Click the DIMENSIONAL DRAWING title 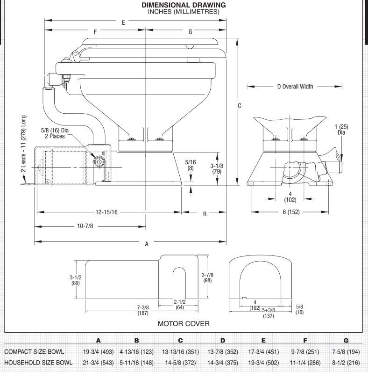click(184, 5)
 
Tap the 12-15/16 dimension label click(106, 212)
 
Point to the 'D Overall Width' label click(294, 86)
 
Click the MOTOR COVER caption click(184, 323)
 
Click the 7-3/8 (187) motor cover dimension click(143, 309)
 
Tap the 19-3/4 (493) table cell click(98, 352)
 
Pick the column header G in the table click(346, 341)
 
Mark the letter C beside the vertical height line click(240, 106)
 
